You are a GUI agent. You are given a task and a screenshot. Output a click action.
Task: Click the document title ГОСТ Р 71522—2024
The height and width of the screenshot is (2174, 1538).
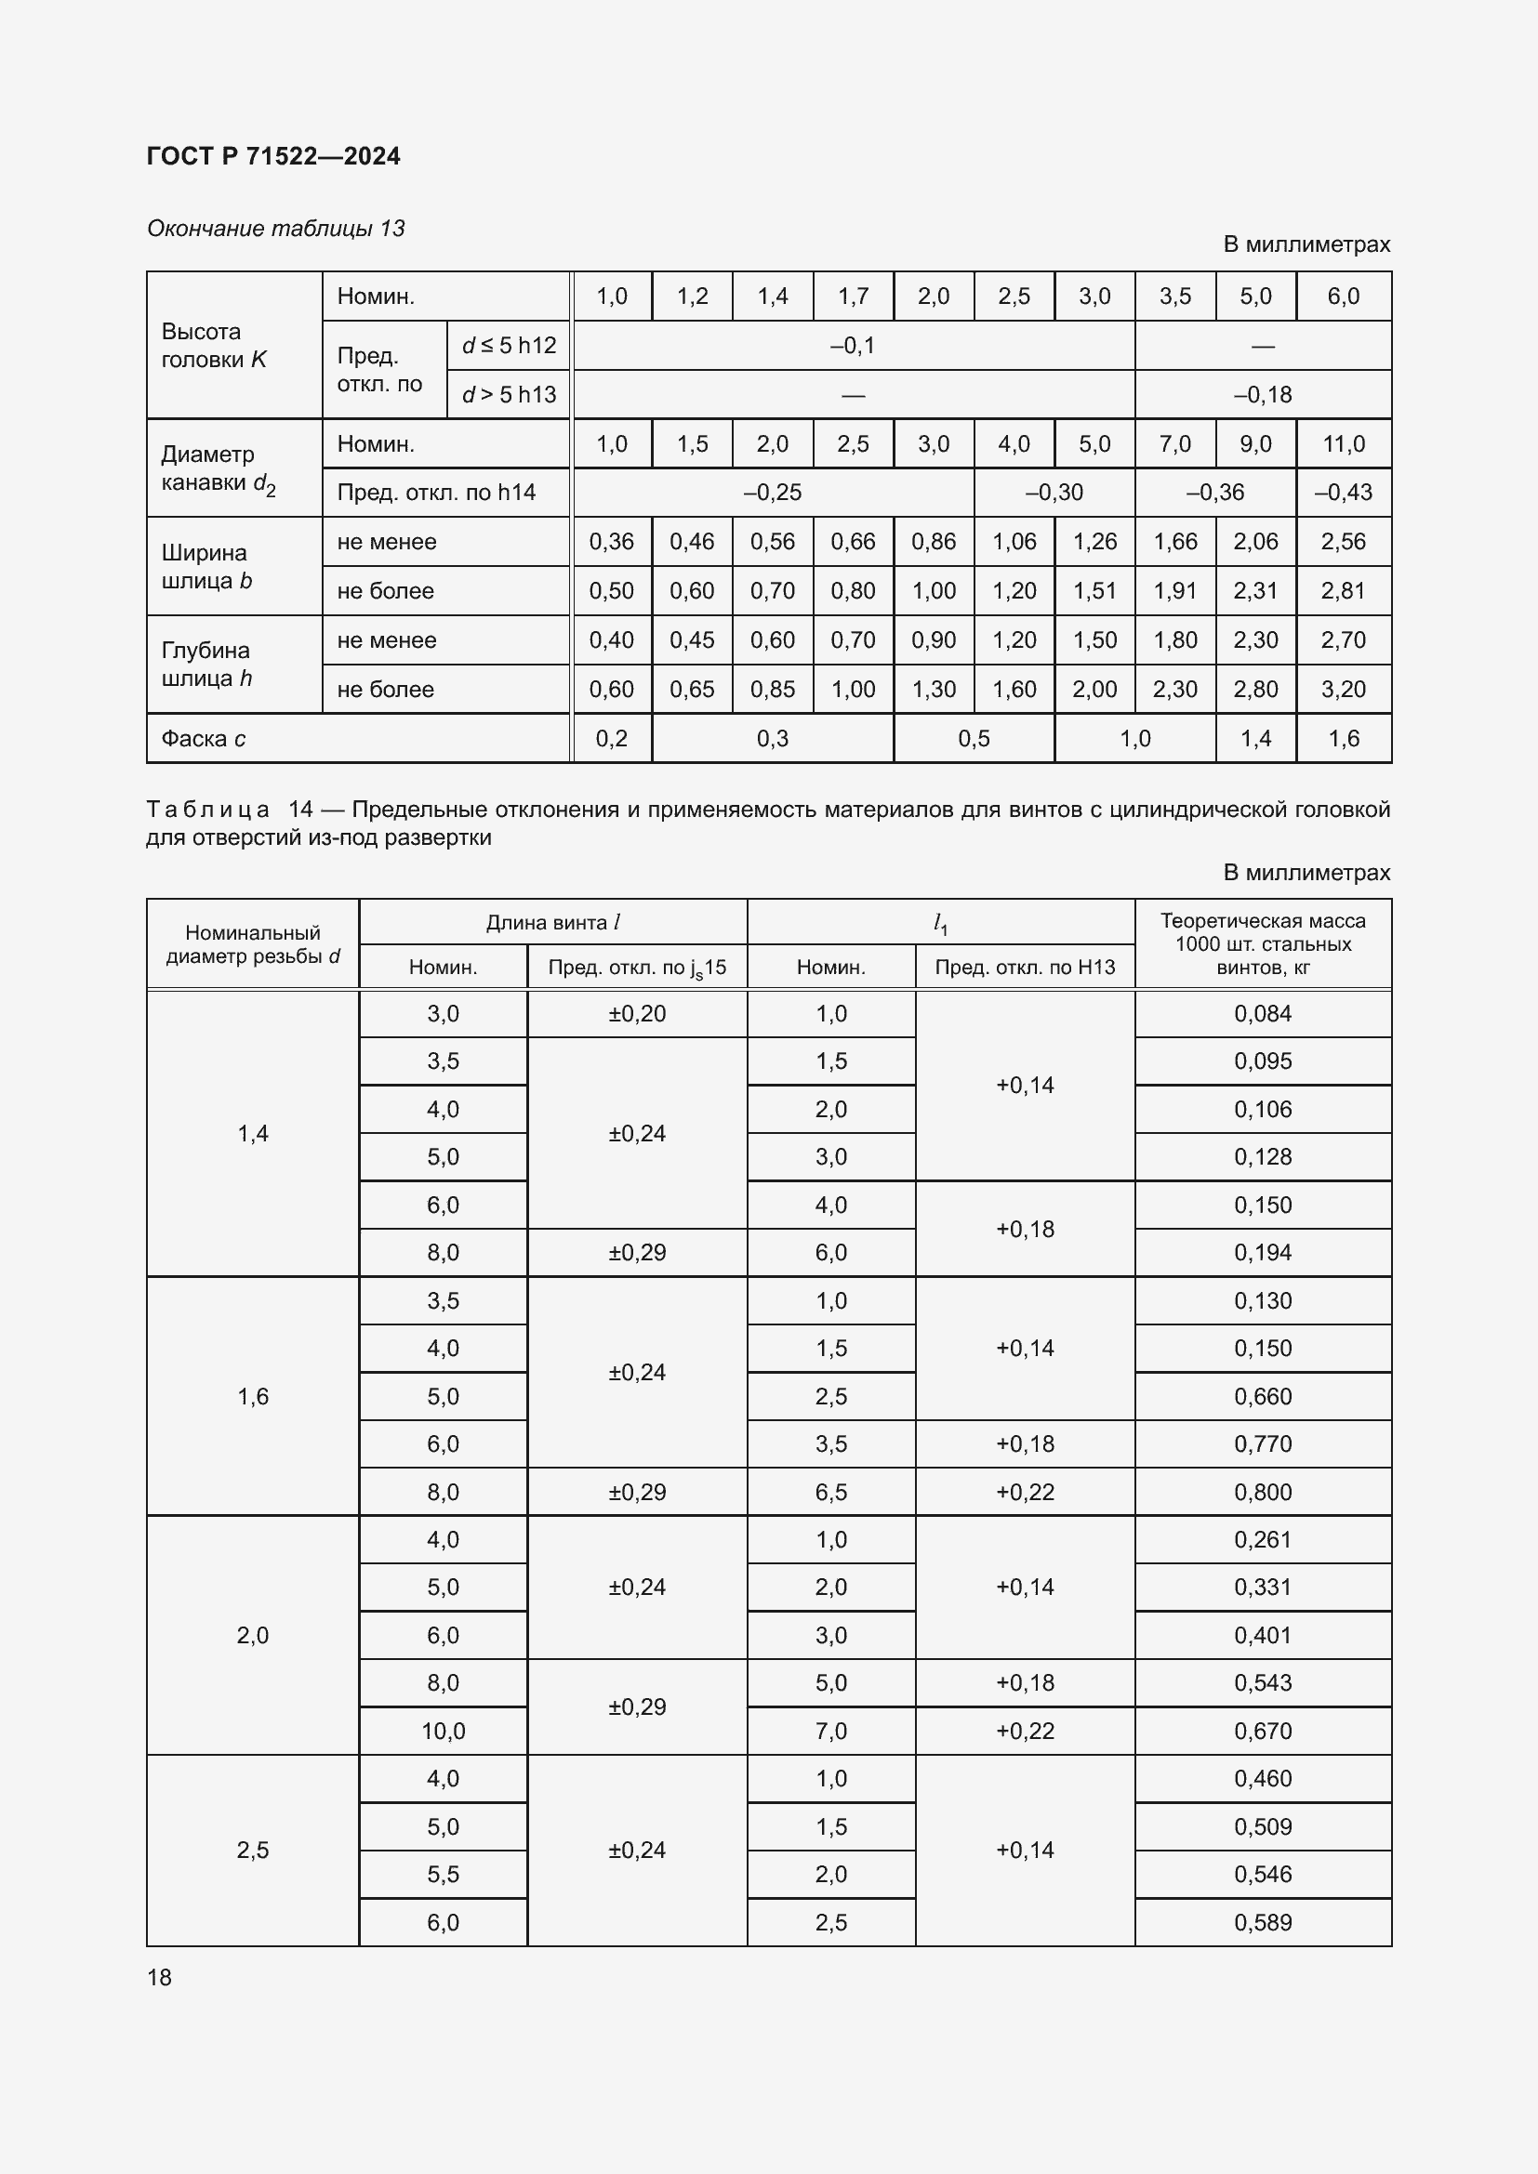click(272, 156)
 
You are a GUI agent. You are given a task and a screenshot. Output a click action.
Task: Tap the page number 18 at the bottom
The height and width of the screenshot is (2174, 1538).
click(159, 1977)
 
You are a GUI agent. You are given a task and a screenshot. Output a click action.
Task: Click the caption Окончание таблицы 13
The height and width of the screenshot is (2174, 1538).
click(275, 229)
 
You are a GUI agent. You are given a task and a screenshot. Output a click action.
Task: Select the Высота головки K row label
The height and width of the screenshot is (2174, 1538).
click(214, 346)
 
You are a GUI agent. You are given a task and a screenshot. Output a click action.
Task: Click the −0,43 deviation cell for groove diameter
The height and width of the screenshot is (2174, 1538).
click(1343, 493)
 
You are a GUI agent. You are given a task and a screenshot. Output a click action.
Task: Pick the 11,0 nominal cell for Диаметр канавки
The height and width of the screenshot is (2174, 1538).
click(1343, 443)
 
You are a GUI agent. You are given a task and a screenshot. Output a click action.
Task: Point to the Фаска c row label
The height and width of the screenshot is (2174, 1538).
click(203, 739)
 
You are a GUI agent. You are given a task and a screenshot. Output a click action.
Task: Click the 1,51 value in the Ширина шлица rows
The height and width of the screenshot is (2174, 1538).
click(1094, 591)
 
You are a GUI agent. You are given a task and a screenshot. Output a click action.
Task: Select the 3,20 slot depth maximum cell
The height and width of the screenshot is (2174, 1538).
click(1343, 690)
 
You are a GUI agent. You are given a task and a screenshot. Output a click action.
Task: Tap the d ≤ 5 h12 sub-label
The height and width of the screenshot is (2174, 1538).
click(509, 346)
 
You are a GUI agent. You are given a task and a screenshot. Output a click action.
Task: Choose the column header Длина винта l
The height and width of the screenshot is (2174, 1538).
click(552, 922)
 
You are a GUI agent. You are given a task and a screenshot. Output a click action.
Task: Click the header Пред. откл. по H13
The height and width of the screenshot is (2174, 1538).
click(1025, 967)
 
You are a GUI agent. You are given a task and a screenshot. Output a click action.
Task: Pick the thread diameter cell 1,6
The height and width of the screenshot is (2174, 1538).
click(253, 1396)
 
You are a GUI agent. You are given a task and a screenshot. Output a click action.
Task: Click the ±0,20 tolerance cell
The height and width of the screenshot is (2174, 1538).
click(636, 1014)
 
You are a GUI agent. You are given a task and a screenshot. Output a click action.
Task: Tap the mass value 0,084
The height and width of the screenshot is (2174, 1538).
click(1263, 1014)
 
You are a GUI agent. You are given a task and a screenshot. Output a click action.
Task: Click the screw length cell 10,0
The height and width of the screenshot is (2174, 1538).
click(443, 1731)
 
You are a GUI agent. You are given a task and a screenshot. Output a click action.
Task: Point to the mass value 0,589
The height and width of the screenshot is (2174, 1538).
click(1263, 1922)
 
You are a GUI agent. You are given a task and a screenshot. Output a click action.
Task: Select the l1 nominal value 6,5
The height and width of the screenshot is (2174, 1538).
click(830, 1493)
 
